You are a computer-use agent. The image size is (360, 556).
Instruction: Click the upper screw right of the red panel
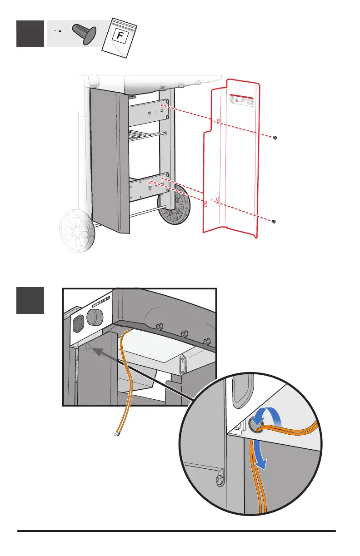275,138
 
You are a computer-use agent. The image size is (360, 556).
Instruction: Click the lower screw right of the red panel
274,222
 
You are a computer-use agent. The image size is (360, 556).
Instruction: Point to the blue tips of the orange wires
117,434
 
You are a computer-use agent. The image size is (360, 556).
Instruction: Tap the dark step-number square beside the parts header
30,34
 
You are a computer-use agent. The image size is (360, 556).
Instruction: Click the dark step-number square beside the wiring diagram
30,300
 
